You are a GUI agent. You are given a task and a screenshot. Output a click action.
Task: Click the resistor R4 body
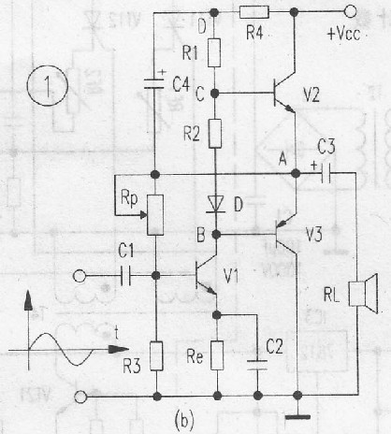pos(254,12)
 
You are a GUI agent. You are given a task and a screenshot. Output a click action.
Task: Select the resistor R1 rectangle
pos(214,52)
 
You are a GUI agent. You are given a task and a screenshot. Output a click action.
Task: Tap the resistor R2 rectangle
pos(215,134)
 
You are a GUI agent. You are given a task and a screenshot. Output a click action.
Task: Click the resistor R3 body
pos(156,355)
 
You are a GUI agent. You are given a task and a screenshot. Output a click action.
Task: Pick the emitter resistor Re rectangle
pos(217,355)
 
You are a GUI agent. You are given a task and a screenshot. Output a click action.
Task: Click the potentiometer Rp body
pos(155,215)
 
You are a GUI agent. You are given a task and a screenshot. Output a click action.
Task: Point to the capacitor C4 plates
pos(153,83)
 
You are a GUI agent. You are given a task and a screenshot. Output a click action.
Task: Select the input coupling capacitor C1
pos(125,276)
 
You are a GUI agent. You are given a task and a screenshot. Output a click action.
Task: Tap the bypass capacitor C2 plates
pos(257,365)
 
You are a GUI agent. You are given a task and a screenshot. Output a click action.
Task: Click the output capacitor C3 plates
pos(326,173)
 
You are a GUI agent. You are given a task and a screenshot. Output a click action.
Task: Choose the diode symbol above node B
pos(216,204)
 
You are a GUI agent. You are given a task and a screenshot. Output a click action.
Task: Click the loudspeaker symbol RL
pos(363,294)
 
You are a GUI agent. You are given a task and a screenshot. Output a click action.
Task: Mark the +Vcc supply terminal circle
pos(350,12)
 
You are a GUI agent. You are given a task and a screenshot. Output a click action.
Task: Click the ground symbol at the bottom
pos(298,417)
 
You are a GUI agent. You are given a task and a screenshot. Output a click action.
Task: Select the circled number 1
pos(48,86)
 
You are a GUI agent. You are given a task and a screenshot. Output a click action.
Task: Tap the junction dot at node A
pos(295,173)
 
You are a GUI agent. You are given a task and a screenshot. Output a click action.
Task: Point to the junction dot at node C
pos(214,93)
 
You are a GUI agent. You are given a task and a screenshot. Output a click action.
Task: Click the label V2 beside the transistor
pos(311,94)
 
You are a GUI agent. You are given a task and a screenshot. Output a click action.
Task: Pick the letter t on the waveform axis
pos(116,332)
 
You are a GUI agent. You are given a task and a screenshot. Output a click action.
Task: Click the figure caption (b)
pos(185,419)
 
